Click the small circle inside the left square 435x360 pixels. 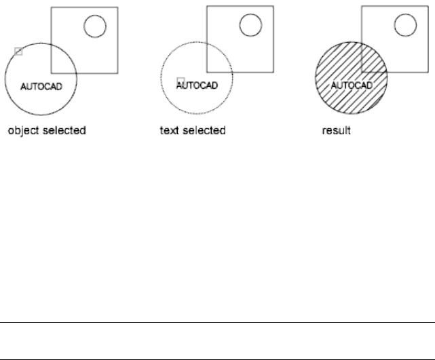point(94,27)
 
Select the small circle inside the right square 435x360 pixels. point(406,26)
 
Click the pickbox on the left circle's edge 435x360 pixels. point(18,52)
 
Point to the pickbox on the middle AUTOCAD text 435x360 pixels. point(181,81)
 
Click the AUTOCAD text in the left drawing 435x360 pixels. point(42,86)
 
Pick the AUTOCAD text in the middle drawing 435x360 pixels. point(197,85)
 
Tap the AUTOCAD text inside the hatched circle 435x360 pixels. point(352,85)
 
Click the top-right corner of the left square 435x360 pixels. point(117,7)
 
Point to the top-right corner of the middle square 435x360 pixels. point(273,7)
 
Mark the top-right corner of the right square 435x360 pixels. point(429,7)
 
